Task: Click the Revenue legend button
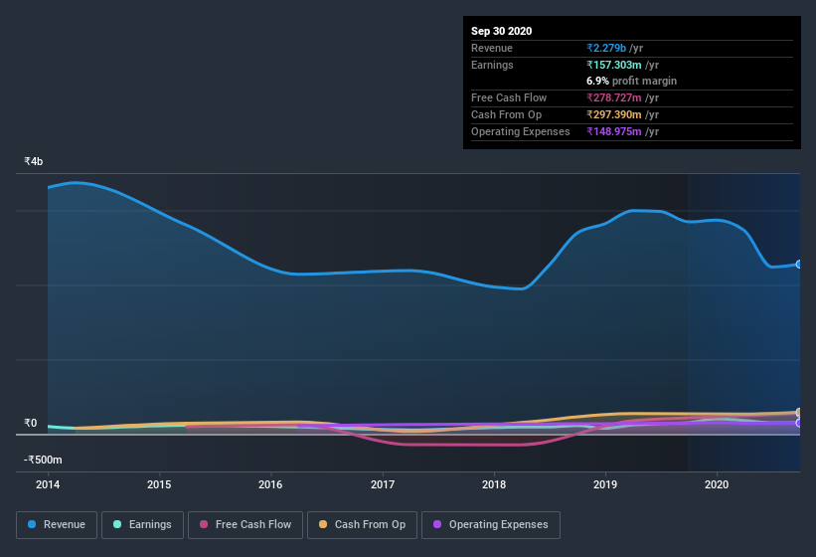pyautogui.click(x=57, y=524)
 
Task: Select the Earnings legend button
pyautogui.click(x=142, y=524)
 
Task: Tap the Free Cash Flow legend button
pyautogui.click(x=245, y=524)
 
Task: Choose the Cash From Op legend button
pyautogui.click(x=361, y=524)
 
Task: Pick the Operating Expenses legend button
pyautogui.click(x=490, y=524)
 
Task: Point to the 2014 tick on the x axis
pyautogui.click(x=47, y=485)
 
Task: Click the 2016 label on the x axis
pyautogui.click(x=270, y=485)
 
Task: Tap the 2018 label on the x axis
pyautogui.click(x=494, y=485)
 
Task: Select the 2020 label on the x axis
pyautogui.click(x=717, y=485)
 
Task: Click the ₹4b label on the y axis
pyautogui.click(x=34, y=161)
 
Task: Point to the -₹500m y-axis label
pyautogui.click(x=43, y=460)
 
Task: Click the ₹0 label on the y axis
pyautogui.click(x=30, y=423)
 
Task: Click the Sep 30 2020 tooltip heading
pyautogui.click(x=501, y=31)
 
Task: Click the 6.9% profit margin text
pyautogui.click(x=632, y=81)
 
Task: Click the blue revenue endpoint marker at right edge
pyautogui.click(x=799, y=264)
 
